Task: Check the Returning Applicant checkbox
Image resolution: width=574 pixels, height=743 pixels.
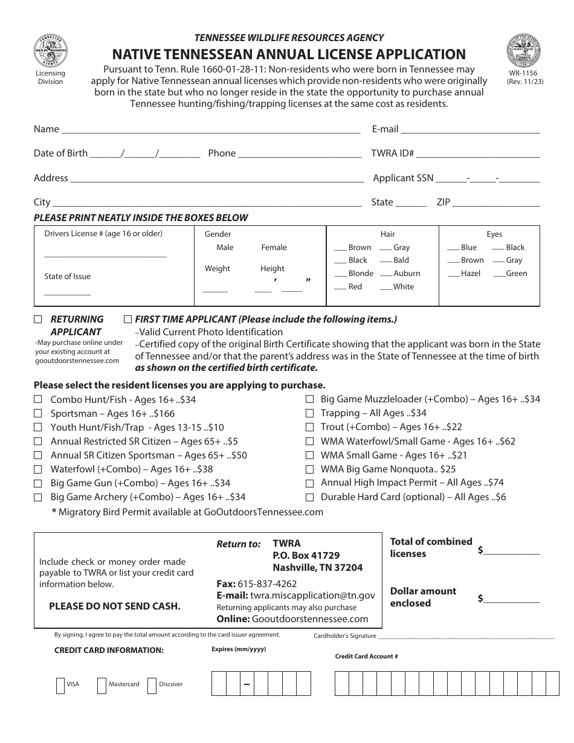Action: [37, 319]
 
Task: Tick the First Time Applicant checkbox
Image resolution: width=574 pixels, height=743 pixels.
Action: [127, 319]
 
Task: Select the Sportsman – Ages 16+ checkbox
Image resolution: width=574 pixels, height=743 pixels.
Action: [37, 413]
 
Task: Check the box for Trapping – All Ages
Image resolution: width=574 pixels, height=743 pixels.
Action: [309, 413]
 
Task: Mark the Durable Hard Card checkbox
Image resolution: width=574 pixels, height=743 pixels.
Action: [309, 498]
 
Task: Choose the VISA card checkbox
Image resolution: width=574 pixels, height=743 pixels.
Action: [60, 686]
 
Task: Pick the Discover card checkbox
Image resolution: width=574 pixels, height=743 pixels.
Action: [152, 686]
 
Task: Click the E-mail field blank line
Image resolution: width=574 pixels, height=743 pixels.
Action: [470, 130]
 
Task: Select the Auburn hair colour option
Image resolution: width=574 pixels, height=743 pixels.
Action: [386, 274]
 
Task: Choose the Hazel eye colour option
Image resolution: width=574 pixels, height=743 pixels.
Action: [454, 274]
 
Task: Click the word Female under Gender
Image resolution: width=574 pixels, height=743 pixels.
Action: [274, 248]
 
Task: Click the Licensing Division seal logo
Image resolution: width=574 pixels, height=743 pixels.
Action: [51, 51]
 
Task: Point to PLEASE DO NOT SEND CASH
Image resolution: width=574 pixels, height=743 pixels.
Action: [115, 606]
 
